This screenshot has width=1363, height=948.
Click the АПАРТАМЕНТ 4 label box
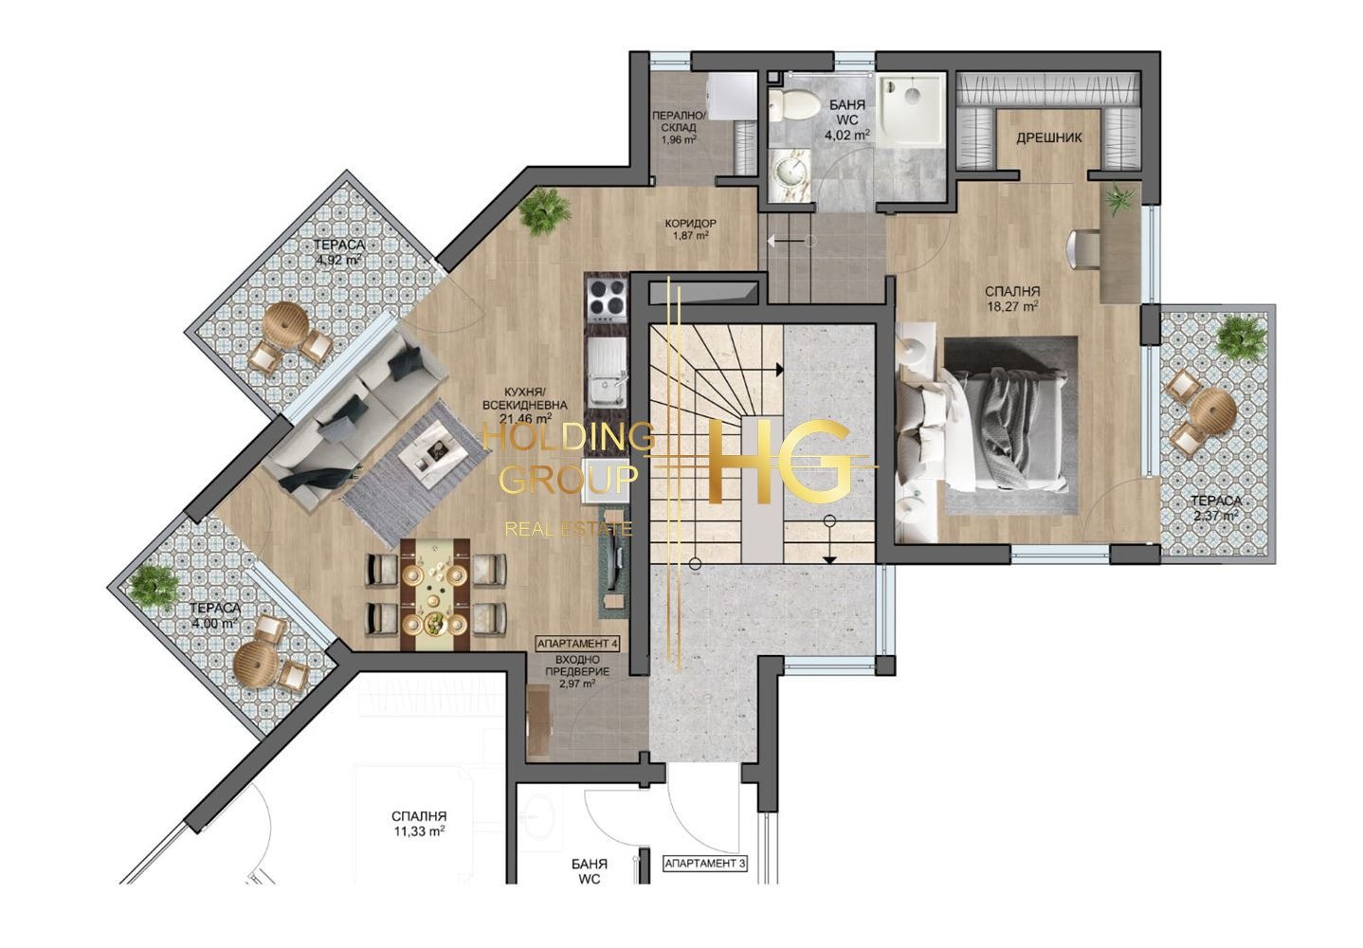pos(577,643)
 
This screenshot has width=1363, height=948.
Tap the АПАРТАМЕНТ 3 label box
pos(705,863)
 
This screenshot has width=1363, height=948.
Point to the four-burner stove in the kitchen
pos(606,300)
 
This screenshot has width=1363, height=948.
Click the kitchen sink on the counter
pos(606,373)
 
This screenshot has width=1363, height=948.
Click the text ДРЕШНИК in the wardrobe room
pos(1049,138)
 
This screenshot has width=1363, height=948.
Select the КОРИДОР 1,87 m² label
pos(691,228)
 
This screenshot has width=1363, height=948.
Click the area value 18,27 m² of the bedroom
pos(1012,306)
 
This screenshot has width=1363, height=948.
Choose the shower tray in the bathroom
pos(911,109)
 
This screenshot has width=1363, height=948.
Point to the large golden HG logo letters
pos(781,463)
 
